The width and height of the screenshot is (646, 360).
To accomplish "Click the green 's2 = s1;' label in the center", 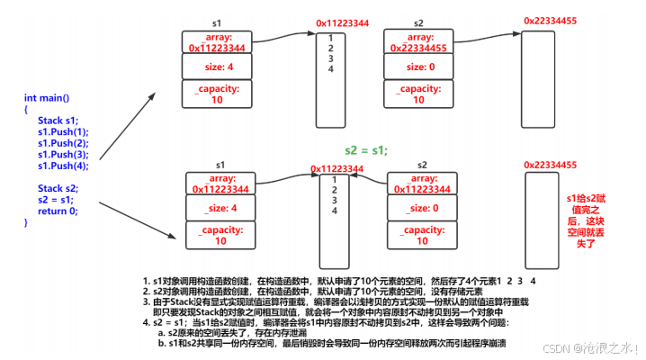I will click(x=366, y=150).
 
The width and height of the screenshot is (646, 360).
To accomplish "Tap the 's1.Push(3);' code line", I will click(x=63, y=154).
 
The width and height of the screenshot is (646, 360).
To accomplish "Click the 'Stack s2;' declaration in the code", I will click(x=58, y=188).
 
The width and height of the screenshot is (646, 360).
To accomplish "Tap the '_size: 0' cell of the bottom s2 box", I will click(x=423, y=208).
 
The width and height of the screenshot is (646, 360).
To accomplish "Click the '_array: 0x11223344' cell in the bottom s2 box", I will click(x=423, y=183).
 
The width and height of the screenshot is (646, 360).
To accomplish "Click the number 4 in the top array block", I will click(x=331, y=69).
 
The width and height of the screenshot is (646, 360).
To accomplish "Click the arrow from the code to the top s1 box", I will click(x=126, y=112).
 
